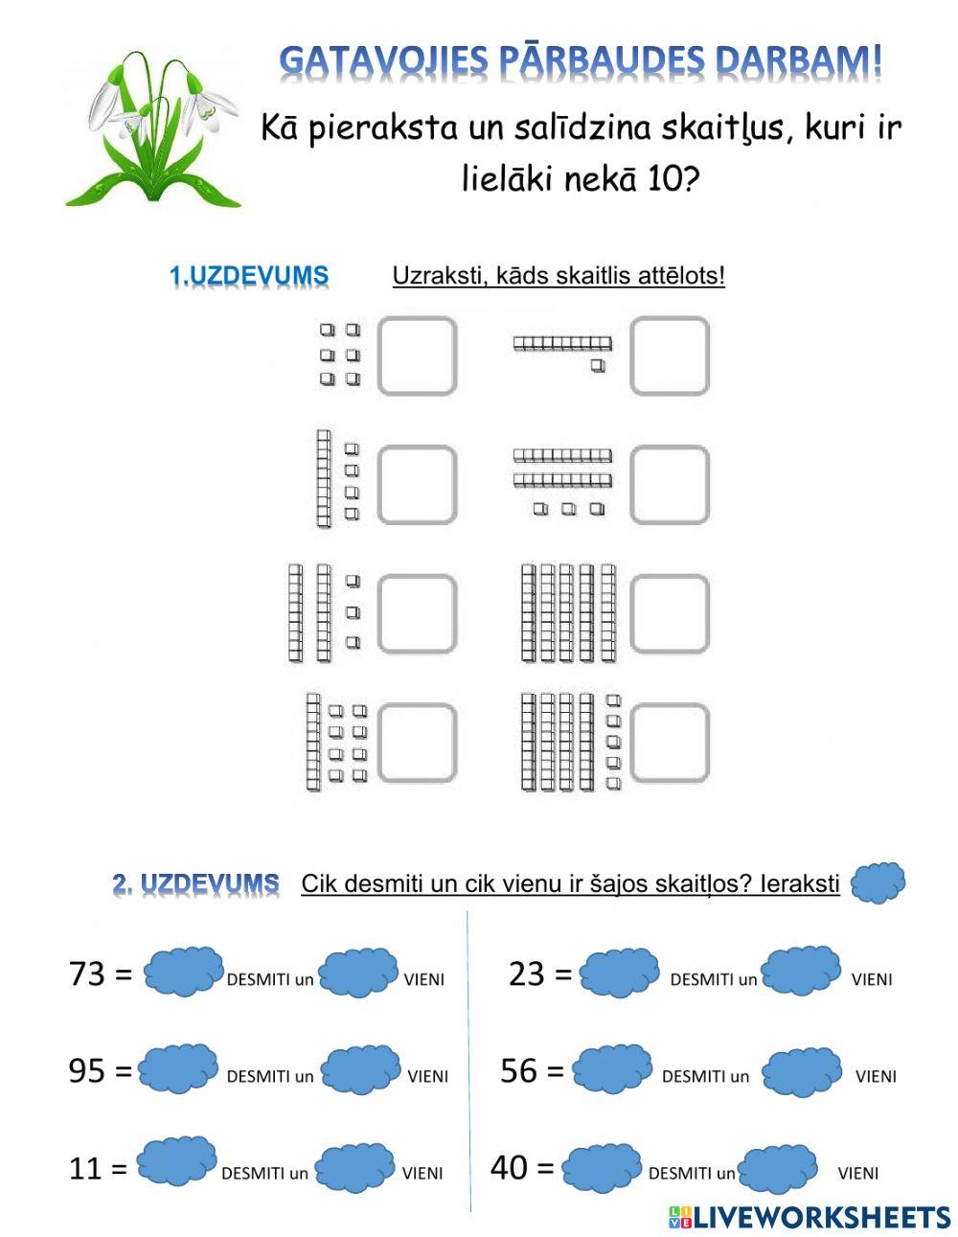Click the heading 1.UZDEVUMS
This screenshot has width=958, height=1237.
(249, 276)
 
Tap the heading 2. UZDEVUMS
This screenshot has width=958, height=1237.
(195, 883)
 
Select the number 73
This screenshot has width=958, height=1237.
(87, 974)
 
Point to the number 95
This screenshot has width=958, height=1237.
(86, 1070)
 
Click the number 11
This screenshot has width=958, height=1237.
(85, 1168)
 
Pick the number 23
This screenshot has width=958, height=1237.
(527, 974)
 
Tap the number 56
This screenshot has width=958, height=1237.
(519, 1070)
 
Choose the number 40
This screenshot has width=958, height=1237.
(510, 1167)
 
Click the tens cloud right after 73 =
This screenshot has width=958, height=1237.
(184, 972)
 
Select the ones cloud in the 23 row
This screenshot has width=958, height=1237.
(802, 972)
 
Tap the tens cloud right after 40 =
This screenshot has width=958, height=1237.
(602, 1168)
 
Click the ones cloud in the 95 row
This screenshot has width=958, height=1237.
(361, 1070)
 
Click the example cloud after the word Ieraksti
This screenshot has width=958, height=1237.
(878, 882)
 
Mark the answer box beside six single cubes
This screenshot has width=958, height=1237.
(417, 355)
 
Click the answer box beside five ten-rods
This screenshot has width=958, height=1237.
(670, 614)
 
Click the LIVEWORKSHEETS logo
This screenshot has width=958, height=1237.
(810, 1217)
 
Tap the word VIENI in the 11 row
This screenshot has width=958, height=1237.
(422, 1173)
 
